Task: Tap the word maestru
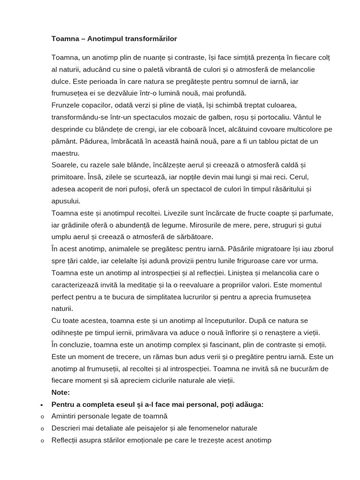click(x=65, y=153)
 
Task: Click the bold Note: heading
click(x=60, y=392)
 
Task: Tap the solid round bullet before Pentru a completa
click(x=42, y=405)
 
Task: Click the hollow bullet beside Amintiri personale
click(x=42, y=417)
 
